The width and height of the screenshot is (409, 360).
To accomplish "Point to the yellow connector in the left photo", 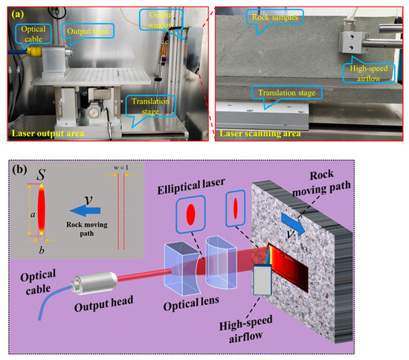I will coord(13,53).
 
